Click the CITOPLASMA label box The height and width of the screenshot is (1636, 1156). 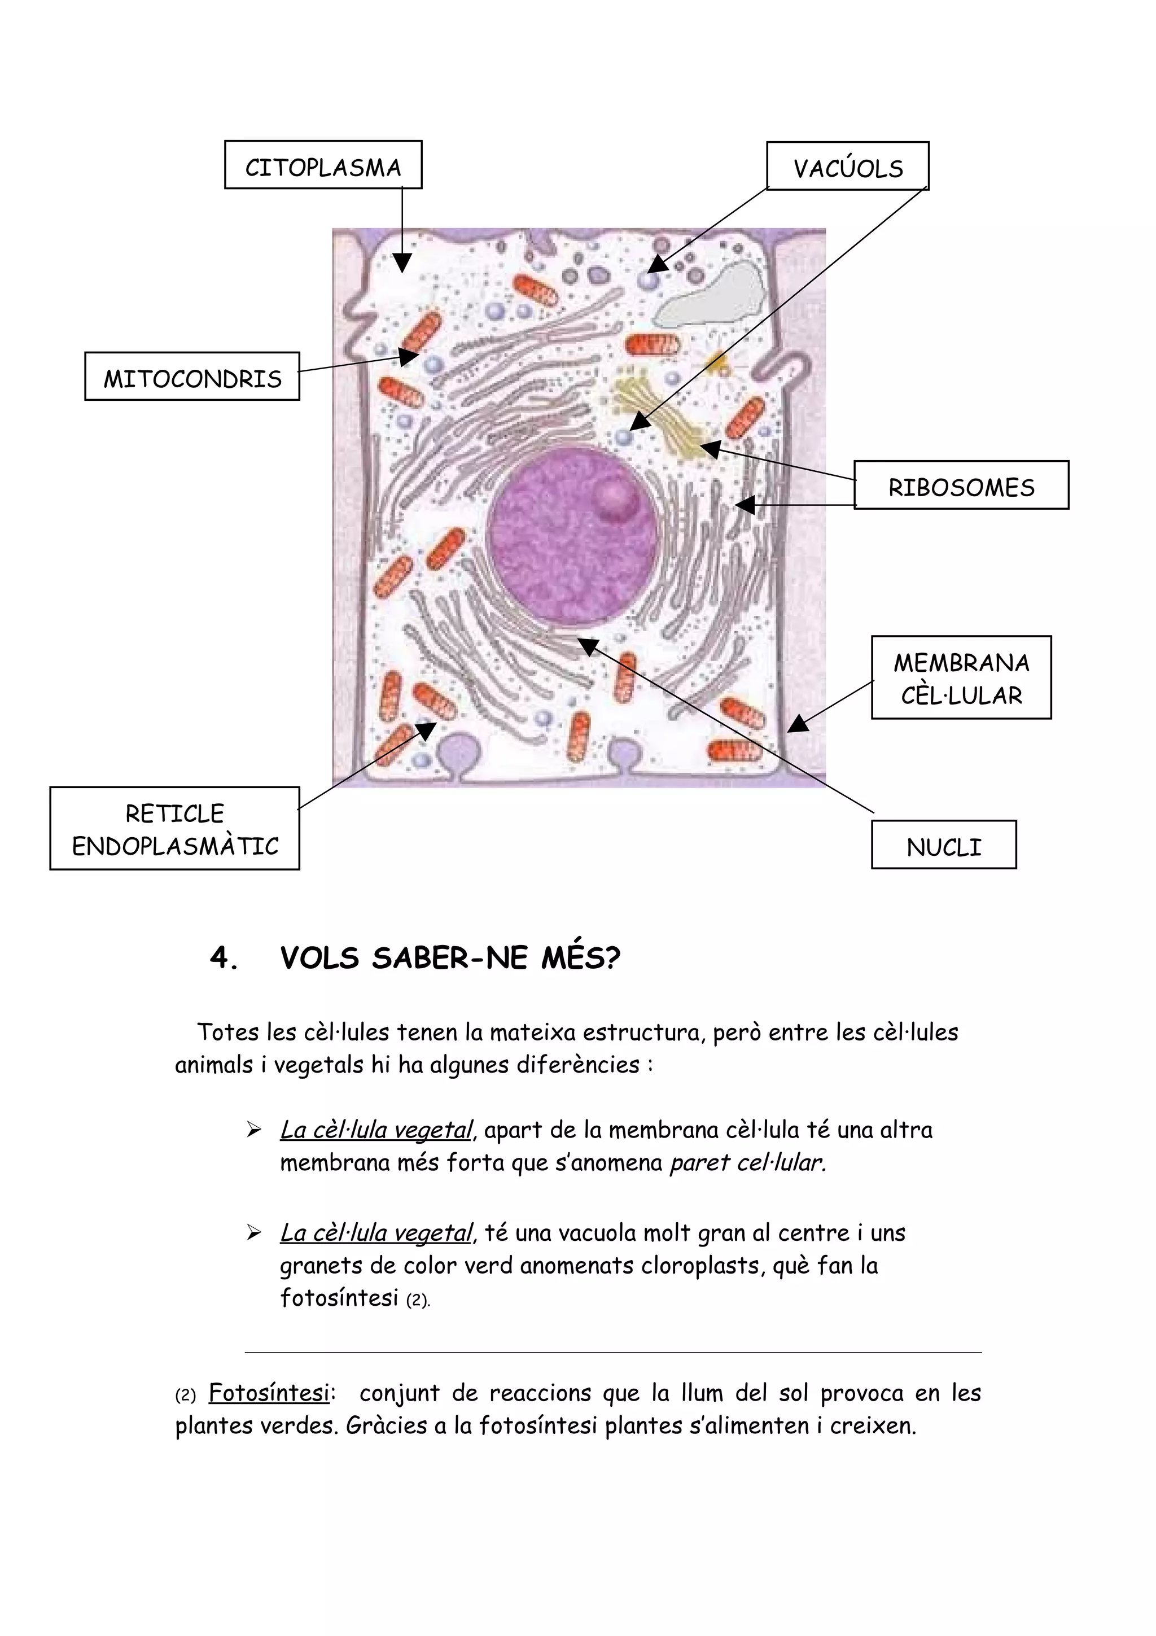click(323, 165)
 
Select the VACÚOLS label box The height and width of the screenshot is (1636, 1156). click(848, 167)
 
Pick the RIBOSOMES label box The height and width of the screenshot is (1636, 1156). click(961, 485)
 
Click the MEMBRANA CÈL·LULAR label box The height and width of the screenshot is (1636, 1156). click(961, 677)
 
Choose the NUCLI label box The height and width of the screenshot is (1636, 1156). click(944, 845)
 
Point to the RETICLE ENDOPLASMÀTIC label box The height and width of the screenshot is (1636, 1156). click(174, 829)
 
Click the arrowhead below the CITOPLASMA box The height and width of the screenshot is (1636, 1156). click(402, 263)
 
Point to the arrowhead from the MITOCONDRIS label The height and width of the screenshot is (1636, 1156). click(408, 356)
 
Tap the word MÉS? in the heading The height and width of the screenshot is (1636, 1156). click(580, 959)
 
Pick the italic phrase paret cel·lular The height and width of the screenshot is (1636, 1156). click(748, 1162)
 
